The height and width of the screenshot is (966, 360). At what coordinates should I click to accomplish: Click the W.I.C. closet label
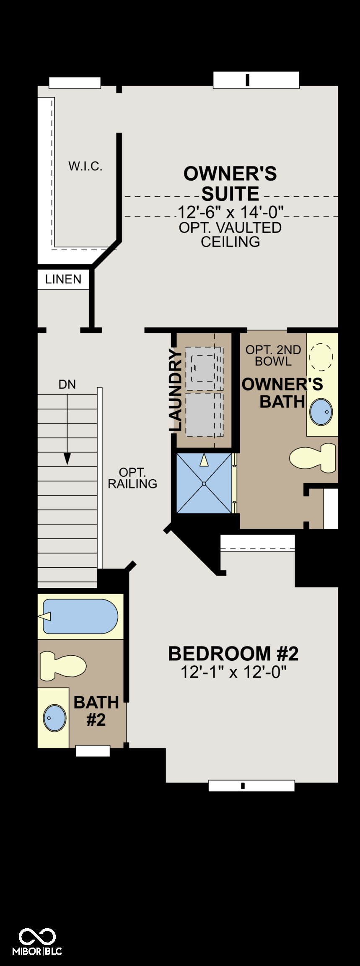click(x=85, y=166)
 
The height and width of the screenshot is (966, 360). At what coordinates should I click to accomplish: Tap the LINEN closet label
click(x=63, y=279)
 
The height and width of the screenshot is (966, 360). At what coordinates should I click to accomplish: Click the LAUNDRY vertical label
click(x=176, y=390)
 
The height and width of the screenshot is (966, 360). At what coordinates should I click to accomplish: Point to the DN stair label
click(x=67, y=384)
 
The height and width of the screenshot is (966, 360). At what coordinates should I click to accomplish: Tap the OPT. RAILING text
click(x=132, y=478)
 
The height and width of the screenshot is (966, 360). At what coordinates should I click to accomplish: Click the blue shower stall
click(x=204, y=483)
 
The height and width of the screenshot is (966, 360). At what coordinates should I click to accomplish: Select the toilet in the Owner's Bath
click(x=313, y=458)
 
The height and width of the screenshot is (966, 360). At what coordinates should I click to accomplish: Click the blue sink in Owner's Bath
click(x=321, y=411)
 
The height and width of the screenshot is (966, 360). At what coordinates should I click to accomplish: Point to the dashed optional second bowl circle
click(x=321, y=357)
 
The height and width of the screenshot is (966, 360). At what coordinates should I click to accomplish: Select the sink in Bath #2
click(x=54, y=718)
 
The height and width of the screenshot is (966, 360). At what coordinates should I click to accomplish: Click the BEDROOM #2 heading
click(x=233, y=653)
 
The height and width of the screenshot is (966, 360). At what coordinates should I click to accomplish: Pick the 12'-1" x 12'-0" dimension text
click(x=233, y=672)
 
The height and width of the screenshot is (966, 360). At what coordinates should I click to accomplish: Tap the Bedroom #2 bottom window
click(x=251, y=786)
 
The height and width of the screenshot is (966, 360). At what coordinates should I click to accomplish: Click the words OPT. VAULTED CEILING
click(x=231, y=234)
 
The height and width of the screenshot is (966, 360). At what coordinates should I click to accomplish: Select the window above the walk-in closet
click(x=75, y=83)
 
